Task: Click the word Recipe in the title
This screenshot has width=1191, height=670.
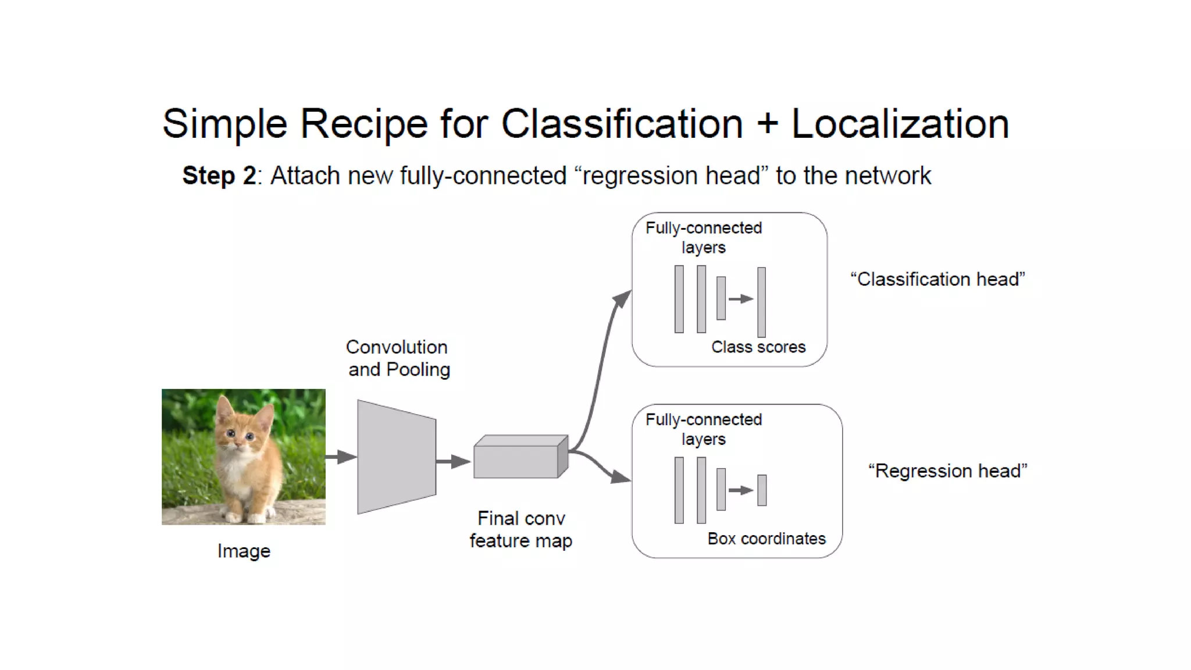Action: [364, 124]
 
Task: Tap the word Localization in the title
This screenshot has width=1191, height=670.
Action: [900, 124]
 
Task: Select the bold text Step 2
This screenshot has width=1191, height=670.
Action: [219, 176]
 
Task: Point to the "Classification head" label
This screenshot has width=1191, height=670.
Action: [937, 279]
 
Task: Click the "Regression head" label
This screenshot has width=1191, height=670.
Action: [947, 471]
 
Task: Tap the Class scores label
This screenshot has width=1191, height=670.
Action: [758, 347]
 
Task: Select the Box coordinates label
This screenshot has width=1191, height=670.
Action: [766, 539]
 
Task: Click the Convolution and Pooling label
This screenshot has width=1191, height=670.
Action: [398, 358]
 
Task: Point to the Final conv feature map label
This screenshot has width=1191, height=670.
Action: [521, 529]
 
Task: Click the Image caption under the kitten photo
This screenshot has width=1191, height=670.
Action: [244, 551]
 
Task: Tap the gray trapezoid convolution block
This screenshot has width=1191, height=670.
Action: [396, 457]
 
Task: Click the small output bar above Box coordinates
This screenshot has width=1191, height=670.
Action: [762, 490]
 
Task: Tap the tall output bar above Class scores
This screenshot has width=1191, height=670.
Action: [761, 302]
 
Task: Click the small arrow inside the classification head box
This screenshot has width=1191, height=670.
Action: [741, 299]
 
